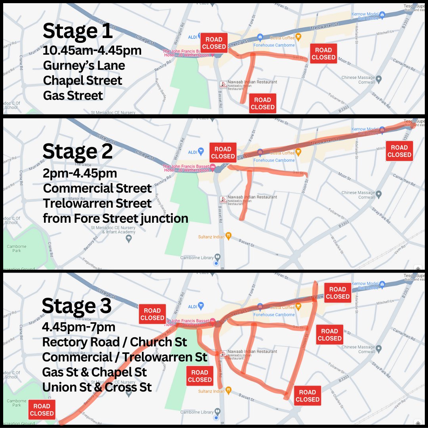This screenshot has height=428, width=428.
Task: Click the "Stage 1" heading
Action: pos(78,31)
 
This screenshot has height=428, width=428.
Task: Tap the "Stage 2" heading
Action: pos(78,151)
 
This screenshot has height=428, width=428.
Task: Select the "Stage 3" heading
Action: pos(77,306)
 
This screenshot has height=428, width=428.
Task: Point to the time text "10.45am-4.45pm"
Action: pos(92,51)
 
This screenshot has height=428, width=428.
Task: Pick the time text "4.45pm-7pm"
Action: pos(79,327)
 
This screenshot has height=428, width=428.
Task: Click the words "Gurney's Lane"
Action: pos(84,66)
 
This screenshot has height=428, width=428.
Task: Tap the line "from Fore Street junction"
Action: pos(115,218)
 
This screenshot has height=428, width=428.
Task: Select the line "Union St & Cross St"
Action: pos(97,387)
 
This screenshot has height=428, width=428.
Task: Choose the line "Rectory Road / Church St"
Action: pos(115,342)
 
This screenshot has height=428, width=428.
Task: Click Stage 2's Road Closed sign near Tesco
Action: pos(399,151)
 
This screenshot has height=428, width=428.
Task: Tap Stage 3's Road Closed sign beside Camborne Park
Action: pos(42,410)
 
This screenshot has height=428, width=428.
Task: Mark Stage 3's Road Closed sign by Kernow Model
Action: pos(338,293)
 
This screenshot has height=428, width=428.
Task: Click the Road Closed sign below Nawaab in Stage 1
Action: pos(262,103)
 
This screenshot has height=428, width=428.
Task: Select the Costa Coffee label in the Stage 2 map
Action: pos(283,153)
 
